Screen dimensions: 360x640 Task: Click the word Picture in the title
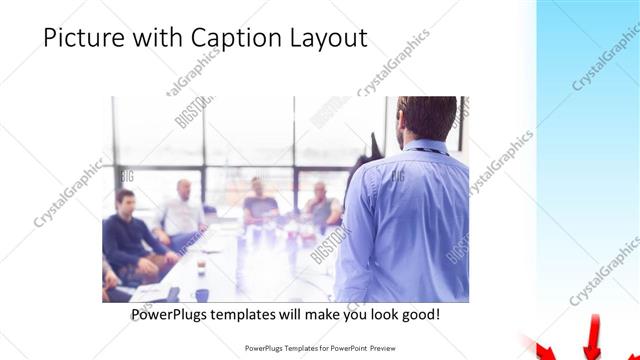(x=82, y=39)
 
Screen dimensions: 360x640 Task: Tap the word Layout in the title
(x=326, y=39)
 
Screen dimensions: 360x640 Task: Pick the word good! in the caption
(x=416, y=315)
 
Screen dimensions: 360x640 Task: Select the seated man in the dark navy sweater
(x=126, y=236)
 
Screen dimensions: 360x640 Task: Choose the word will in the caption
(x=312, y=315)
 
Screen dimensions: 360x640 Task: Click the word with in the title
(x=150, y=39)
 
